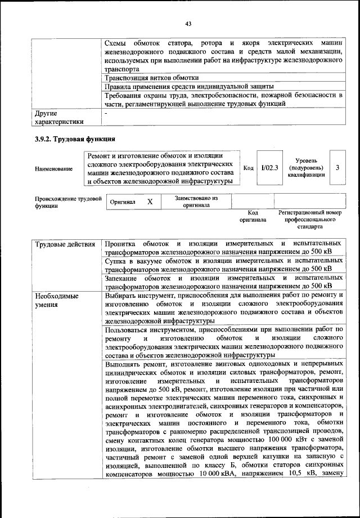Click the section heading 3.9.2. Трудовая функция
pos(74,139)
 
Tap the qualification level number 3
pos(337,168)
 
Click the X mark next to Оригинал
pos(149,202)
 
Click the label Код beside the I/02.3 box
pos(248,168)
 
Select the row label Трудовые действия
pos(65,244)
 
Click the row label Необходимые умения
pos(56,300)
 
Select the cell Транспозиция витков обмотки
pos(152,77)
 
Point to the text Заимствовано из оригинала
pos(196,202)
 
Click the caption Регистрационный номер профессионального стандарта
pos(310,220)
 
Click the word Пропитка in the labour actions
pos(120,244)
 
